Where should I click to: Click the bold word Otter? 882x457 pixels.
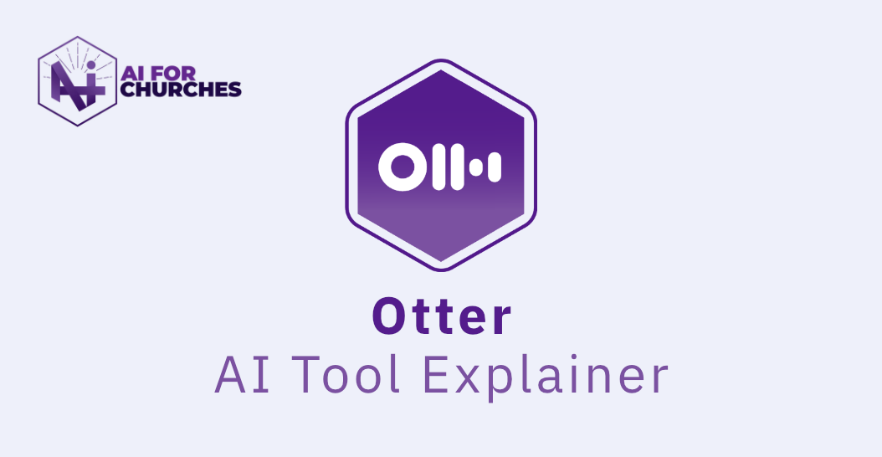pyautogui.click(x=442, y=317)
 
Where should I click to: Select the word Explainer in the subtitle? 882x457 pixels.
pyautogui.click(x=545, y=376)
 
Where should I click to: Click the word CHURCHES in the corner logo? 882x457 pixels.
pyautogui.click(x=181, y=90)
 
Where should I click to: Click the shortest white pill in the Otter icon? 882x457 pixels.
pyautogui.click(x=476, y=166)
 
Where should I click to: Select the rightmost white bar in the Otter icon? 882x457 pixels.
pyautogui.click(x=495, y=166)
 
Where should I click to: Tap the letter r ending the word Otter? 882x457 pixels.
pyautogui.click(x=500, y=321)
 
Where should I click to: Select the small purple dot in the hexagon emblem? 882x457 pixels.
pyautogui.click(x=91, y=66)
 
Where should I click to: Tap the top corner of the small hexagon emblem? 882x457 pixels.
pyautogui.click(x=78, y=37)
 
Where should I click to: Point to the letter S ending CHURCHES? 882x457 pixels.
pyautogui.click(x=235, y=90)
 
